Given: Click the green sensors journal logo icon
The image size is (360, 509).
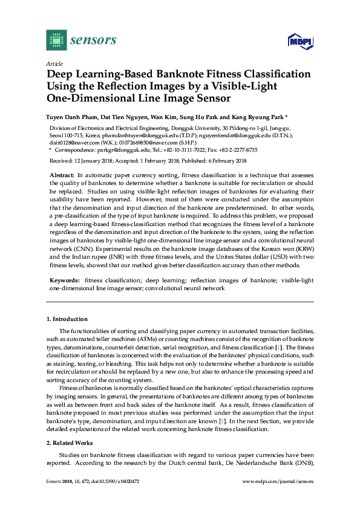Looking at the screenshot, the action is coord(56,40).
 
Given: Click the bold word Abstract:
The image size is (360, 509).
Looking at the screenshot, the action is coord(62,174).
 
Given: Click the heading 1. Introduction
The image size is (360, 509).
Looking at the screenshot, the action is coord(67,319).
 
